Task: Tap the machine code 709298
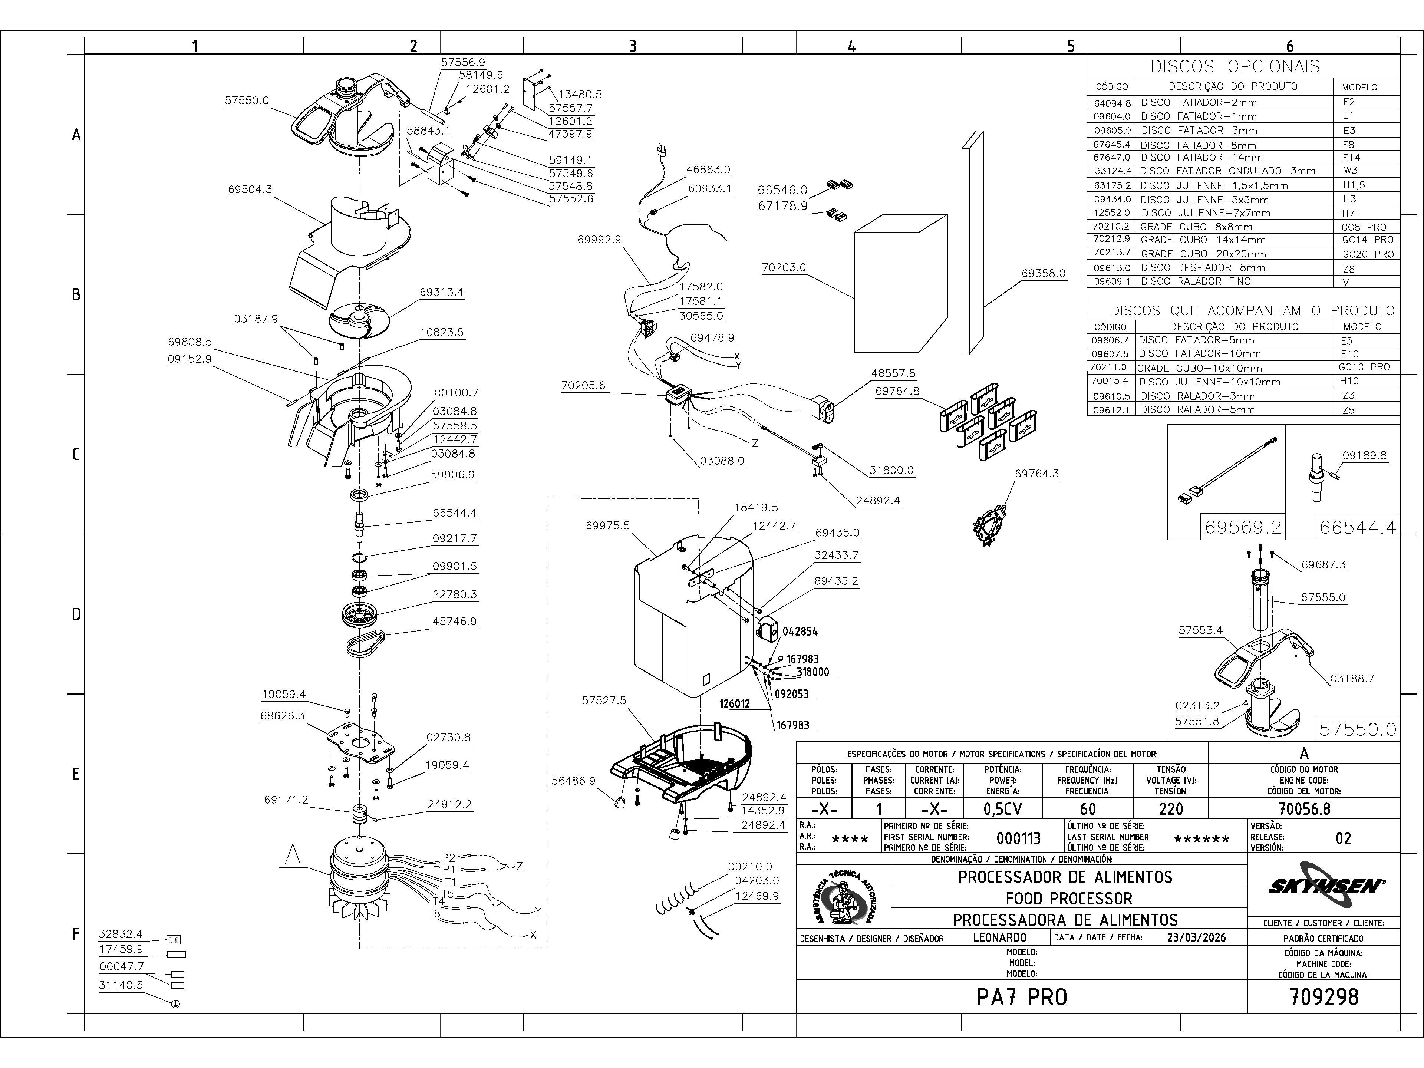click(1324, 997)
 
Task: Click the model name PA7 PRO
click(1022, 997)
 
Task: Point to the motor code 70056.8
click(1304, 808)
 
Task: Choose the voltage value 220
click(1170, 808)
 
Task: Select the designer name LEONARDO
click(1000, 937)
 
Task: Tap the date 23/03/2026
click(1196, 937)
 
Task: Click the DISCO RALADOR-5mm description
click(1196, 409)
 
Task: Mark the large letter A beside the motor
click(293, 855)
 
